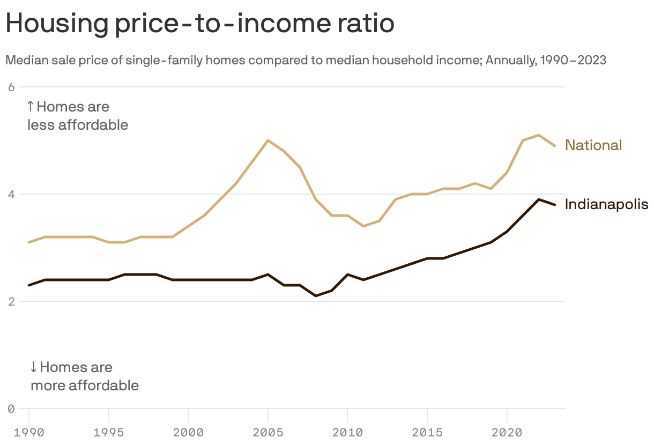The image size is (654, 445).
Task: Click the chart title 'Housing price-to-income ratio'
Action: click(199, 24)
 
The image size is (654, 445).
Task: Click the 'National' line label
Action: click(593, 145)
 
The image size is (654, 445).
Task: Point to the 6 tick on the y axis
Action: click(11, 87)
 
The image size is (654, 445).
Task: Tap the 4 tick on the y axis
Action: click(11, 194)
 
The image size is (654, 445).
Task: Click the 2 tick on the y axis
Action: click(11, 301)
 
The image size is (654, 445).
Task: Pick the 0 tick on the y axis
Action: click(11, 409)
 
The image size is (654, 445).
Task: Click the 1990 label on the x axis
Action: click(28, 432)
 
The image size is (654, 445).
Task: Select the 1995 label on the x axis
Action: click(109, 432)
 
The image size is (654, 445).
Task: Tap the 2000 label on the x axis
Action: click(188, 432)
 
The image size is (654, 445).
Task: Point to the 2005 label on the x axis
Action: click(268, 432)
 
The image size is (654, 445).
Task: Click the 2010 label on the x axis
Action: click(347, 432)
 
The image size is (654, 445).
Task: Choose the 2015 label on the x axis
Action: click(427, 432)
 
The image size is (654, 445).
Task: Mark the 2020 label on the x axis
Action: click(507, 432)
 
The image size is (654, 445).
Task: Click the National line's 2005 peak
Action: click(268, 140)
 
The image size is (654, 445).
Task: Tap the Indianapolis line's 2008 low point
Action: click(316, 296)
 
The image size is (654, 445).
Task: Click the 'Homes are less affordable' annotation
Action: click(78, 116)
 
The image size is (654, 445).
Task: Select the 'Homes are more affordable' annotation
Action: click(84, 376)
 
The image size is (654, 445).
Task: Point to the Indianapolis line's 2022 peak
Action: click(539, 199)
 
